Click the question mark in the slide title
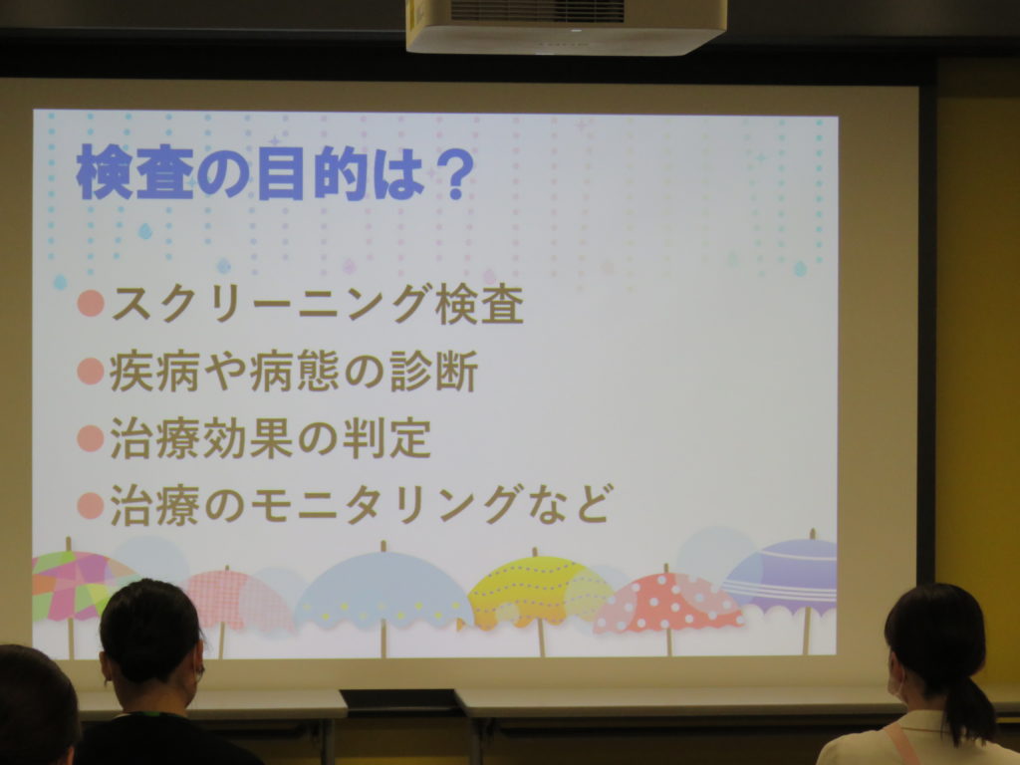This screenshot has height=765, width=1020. pyautogui.click(x=451, y=173)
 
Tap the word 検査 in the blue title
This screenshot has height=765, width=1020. pyautogui.click(x=135, y=173)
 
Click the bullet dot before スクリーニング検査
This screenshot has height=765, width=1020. pyautogui.click(x=91, y=303)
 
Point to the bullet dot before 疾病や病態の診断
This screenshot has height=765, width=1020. pyautogui.click(x=91, y=371)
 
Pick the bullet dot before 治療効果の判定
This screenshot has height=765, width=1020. pyautogui.click(x=91, y=438)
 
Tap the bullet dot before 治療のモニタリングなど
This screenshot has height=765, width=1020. pyautogui.click(x=91, y=505)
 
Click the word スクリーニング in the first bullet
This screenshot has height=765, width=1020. pyautogui.click(x=271, y=303)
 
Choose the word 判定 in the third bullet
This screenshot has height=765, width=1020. pyautogui.click(x=386, y=438)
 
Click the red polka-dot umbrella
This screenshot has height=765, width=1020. pyautogui.click(x=667, y=605)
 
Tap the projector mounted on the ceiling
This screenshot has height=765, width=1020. pyautogui.click(x=566, y=25)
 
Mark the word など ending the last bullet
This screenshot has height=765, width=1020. pyautogui.click(x=569, y=505)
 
